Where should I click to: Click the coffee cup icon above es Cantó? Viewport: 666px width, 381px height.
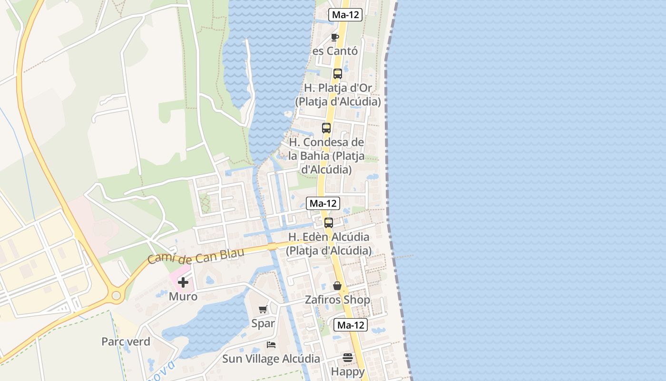(335, 37)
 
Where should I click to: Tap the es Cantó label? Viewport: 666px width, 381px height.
(335, 50)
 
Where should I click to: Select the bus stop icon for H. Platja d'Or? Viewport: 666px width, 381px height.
(338, 74)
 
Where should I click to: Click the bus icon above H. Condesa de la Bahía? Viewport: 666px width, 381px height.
(326, 128)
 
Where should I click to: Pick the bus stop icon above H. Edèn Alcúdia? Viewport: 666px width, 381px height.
(329, 222)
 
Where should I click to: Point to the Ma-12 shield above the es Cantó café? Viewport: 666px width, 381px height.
(345, 15)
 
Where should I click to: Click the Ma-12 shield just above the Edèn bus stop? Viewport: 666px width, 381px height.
(323, 203)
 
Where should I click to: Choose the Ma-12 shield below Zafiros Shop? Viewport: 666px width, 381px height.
(351, 325)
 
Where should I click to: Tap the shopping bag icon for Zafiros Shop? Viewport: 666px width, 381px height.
(337, 286)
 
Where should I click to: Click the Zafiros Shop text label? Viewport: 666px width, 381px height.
(338, 300)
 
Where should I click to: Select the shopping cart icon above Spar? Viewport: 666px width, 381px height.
(263, 310)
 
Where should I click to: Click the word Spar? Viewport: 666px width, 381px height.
(263, 323)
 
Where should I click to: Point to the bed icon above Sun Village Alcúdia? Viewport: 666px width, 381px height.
(271, 345)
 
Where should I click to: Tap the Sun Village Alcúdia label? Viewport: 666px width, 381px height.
(271, 359)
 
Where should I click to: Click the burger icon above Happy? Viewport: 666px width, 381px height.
(348, 358)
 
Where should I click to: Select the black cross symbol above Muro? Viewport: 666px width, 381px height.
(183, 282)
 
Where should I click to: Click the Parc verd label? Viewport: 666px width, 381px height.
(126, 341)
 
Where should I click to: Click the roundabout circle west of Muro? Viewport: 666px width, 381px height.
(116, 296)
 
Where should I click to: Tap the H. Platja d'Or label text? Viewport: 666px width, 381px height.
(338, 88)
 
